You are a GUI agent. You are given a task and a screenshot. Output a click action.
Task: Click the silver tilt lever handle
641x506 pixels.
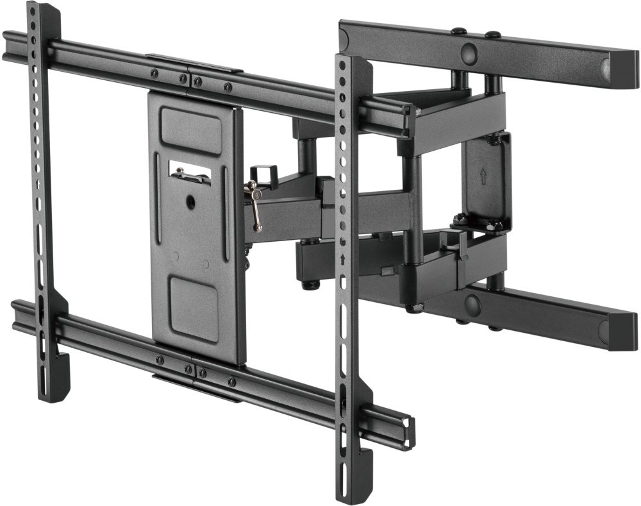[256, 205]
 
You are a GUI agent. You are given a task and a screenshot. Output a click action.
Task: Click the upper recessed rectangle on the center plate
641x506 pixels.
[191, 131]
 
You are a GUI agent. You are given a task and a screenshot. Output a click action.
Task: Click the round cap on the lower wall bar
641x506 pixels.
[473, 305]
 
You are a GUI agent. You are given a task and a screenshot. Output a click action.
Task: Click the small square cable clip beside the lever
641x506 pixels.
[264, 175]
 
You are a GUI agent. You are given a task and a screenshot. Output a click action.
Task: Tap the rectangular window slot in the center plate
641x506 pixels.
[190, 171]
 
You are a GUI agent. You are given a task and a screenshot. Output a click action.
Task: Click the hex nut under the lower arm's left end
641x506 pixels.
[310, 283]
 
